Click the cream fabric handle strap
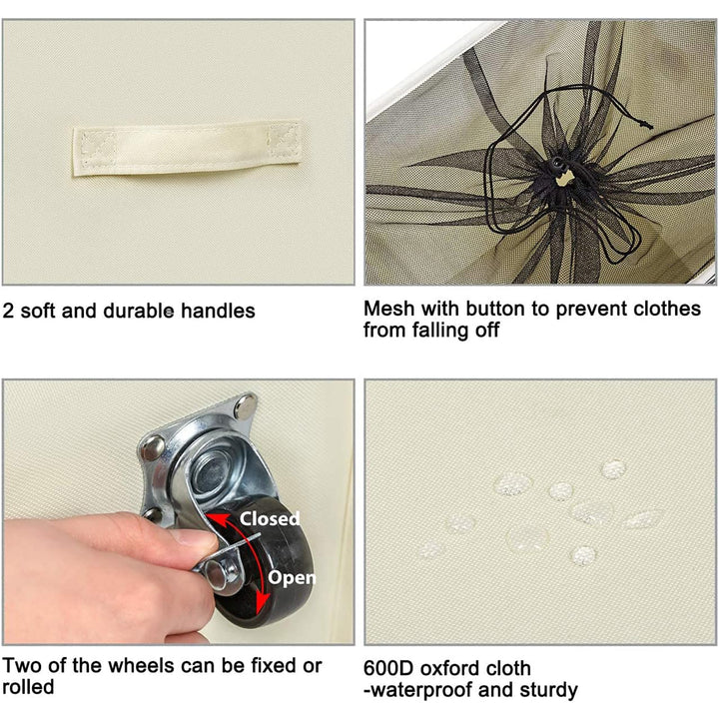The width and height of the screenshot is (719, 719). pos(187,148)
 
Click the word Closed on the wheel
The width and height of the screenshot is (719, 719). pos(270,518)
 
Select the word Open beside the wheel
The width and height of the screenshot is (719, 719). pos(292,578)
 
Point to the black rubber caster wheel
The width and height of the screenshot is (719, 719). pos(266,564)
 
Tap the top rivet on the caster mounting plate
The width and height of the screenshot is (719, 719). pos(246,406)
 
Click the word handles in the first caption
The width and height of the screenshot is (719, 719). pos(218,311)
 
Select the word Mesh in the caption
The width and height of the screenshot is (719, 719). pos(388,309)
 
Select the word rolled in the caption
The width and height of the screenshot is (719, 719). pos(28,687)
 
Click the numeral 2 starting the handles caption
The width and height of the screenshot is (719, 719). pos(8,311)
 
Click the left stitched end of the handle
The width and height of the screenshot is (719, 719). pos(94,149)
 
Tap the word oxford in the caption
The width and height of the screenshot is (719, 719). pos(447,668)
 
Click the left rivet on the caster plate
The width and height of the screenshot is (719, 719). pos(153,446)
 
